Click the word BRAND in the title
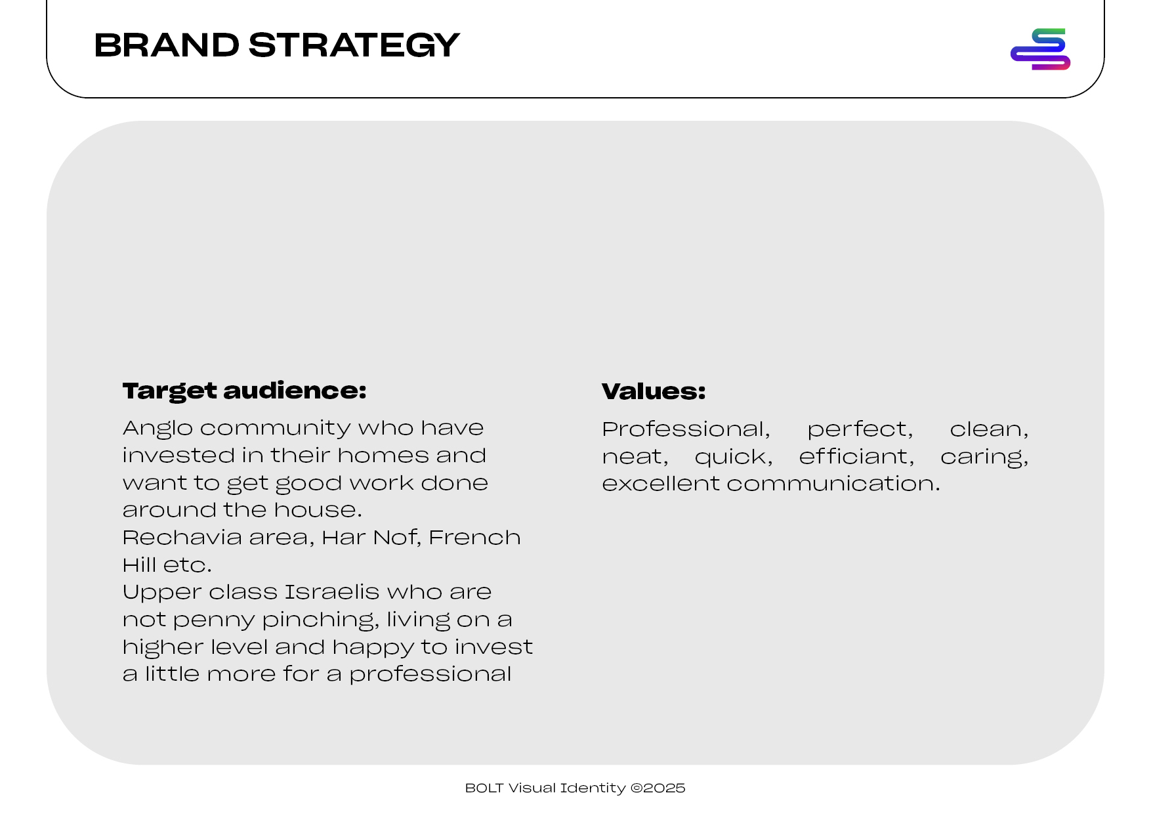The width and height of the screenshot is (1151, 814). click(x=167, y=45)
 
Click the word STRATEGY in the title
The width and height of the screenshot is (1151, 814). click(x=354, y=45)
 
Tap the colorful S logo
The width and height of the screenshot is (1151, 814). click(x=1040, y=49)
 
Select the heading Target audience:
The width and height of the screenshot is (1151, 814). click(x=244, y=391)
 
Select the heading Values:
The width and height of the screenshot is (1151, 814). click(x=654, y=392)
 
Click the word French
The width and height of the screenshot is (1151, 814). click(x=474, y=538)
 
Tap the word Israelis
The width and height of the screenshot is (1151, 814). click(x=332, y=592)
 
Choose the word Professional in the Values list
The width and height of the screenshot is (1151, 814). click(x=686, y=430)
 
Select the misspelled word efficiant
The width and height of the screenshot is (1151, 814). click(x=856, y=457)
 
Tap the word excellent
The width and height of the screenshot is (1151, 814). click(x=661, y=484)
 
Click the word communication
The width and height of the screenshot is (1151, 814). click(x=833, y=484)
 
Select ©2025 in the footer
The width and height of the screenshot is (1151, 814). click(x=658, y=788)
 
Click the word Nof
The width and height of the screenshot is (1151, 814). click(x=400, y=538)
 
